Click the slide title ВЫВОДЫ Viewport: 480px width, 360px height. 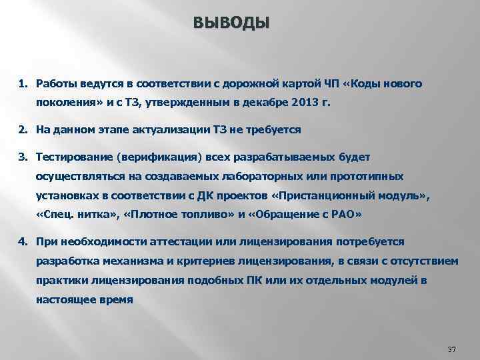[x=232, y=23]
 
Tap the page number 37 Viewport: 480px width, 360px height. [x=451, y=349]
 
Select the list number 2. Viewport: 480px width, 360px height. [x=22, y=129]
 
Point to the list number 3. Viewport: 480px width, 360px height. [x=22, y=156]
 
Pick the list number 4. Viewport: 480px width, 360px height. [x=22, y=241]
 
